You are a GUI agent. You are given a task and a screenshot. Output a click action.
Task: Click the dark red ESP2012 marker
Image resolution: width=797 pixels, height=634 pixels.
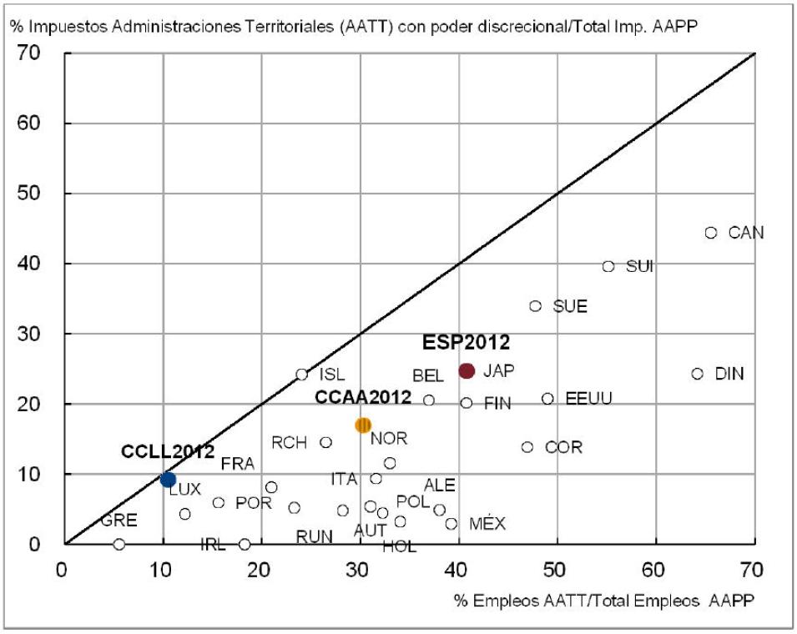click(x=467, y=370)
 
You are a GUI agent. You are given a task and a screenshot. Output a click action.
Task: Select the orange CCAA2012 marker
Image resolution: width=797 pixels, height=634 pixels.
click(x=363, y=425)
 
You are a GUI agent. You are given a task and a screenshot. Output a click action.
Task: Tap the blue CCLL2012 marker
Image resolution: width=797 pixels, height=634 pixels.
click(x=168, y=479)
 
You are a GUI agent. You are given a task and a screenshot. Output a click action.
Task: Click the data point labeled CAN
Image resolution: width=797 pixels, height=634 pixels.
click(x=711, y=233)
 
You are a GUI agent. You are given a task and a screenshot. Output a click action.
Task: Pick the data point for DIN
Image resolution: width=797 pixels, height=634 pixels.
click(x=698, y=374)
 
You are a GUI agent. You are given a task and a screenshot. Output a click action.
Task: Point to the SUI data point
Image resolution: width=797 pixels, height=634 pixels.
click(x=608, y=266)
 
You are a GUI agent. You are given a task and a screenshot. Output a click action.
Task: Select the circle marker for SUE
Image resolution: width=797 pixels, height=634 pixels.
click(x=536, y=306)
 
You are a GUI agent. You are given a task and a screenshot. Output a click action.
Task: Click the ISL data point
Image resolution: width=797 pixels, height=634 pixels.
click(x=302, y=375)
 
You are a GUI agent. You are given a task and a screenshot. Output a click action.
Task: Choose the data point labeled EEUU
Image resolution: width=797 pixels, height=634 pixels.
click(x=547, y=399)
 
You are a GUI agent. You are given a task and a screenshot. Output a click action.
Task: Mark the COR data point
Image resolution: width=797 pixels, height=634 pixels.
click(x=527, y=447)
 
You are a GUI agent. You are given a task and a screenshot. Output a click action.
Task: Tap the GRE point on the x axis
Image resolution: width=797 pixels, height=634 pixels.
click(x=119, y=544)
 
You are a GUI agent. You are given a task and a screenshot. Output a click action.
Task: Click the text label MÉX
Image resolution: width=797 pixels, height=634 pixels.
click(x=487, y=524)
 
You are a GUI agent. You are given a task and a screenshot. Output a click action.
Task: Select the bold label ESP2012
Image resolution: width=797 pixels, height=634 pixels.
click(x=466, y=342)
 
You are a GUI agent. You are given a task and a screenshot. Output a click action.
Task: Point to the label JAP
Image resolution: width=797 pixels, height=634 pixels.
click(x=499, y=371)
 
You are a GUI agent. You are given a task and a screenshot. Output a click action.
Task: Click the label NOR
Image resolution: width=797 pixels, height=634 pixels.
click(x=389, y=439)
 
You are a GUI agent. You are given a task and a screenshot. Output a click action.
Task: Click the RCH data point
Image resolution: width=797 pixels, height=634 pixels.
click(x=325, y=442)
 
